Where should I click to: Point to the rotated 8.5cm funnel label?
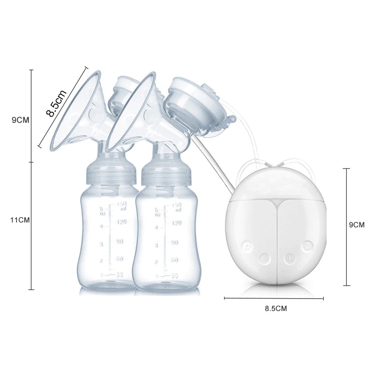[57, 103]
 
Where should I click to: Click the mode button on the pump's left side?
[246, 246]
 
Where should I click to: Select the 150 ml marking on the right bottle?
[176, 207]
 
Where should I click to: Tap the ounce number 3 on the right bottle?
[156, 245]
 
